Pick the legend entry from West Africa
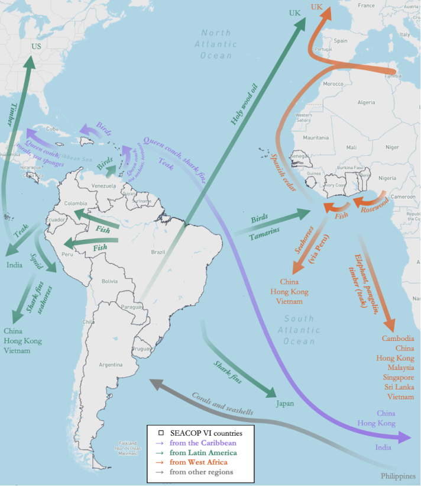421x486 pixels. (x=199, y=462)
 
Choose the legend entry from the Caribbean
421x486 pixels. (x=202, y=442)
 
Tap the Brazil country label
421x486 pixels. (x=158, y=251)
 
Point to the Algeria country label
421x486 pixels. (x=367, y=102)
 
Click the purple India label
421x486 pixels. (x=383, y=448)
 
